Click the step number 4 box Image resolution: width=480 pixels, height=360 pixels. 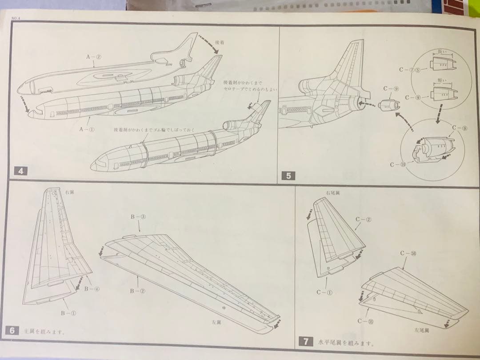tap(20, 171)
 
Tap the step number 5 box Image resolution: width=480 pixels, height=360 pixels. tap(288, 176)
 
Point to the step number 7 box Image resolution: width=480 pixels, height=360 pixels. tap(306, 342)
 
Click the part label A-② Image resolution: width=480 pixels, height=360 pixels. tap(93, 56)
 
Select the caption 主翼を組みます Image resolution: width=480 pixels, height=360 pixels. tap(44, 331)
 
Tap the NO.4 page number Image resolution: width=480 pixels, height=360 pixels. tap(16, 18)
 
